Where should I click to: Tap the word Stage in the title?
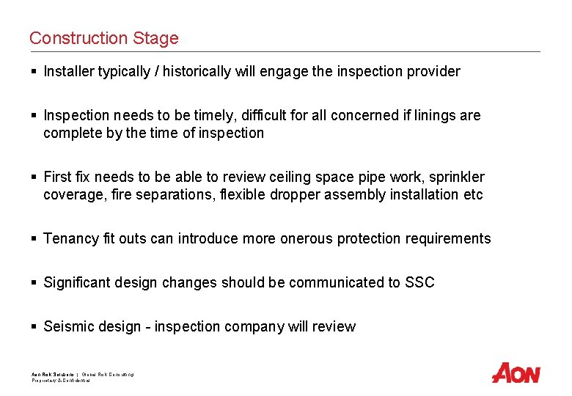[156, 38]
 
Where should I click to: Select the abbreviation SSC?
[419, 282]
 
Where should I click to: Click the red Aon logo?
[516, 373]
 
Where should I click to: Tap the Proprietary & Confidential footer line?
[60, 381]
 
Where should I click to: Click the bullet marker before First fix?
[34, 177]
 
